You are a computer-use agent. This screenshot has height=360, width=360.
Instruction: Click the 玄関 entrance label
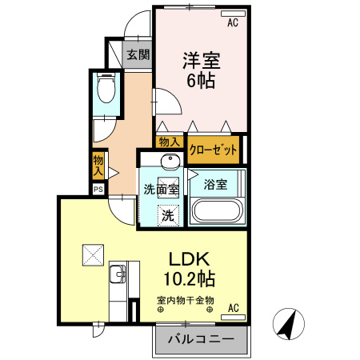point(138,54)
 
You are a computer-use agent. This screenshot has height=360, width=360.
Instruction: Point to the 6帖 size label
point(202,81)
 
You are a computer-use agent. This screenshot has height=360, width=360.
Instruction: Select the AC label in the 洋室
point(233,23)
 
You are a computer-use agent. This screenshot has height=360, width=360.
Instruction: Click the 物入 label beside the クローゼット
point(169,142)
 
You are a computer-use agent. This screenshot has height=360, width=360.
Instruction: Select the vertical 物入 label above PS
point(98,166)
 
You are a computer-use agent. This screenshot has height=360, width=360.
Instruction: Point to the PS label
point(98,190)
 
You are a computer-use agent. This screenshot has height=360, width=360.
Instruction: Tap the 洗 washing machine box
point(168,214)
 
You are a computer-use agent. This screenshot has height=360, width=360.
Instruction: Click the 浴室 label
point(214,184)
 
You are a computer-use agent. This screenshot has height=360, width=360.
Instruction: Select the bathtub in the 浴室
point(217,213)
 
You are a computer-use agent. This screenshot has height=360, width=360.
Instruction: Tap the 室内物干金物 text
point(185,301)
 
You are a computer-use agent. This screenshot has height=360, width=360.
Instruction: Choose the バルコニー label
point(200,339)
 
